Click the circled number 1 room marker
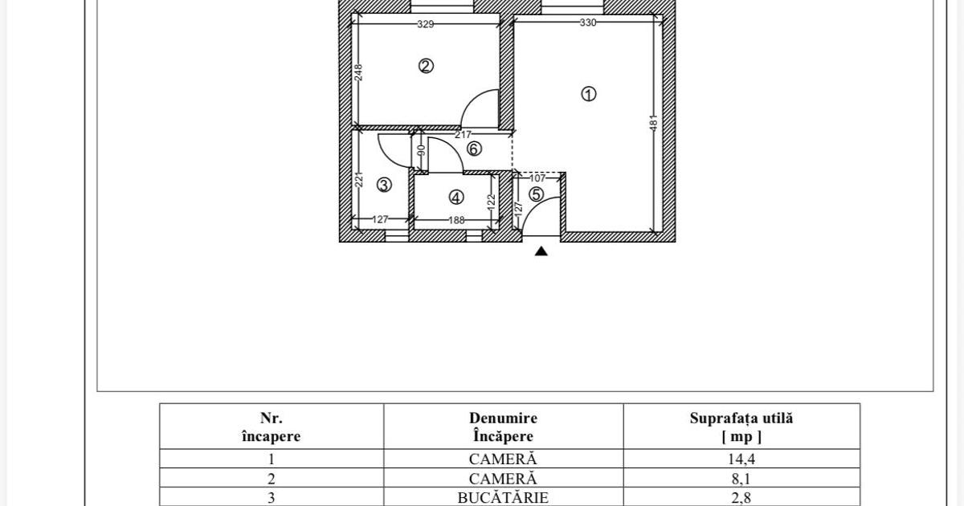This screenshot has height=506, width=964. tap(589, 94)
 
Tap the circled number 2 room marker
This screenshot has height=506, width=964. tap(427, 66)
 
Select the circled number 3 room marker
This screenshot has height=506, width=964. tap(384, 185)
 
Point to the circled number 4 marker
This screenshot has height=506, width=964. tap(456, 197)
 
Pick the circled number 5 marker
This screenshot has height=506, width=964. tap(536, 194)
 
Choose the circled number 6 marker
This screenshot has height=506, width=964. tap(474, 149)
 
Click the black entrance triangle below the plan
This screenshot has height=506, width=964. tap(541, 251)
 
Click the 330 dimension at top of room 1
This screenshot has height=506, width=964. tap(588, 22)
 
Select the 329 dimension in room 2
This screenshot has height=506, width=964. tap(426, 24)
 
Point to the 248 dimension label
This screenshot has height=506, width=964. tap(359, 72)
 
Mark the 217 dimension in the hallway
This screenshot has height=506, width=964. tap(464, 134)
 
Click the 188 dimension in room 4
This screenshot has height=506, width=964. tap(456, 220)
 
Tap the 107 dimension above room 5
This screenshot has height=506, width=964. tap(537, 178)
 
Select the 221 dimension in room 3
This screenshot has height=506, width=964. tap(360, 178)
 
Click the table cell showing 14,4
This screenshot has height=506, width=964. tap(741, 459)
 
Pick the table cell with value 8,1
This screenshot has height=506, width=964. tap(741, 479)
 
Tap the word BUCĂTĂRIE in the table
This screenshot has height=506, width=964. tap(503, 498)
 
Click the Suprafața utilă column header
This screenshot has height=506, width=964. tap(741, 426)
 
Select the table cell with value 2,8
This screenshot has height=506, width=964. tap(741, 498)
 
